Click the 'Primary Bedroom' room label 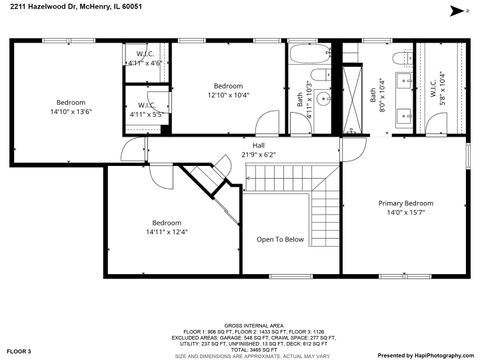pos(405,203)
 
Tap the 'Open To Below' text pos(280,239)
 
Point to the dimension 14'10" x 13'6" pos(70,112)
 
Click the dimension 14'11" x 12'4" pos(166,232)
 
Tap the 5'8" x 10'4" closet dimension pos(441,96)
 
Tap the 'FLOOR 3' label pos(19,351)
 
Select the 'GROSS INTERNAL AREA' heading pos(239,326)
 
